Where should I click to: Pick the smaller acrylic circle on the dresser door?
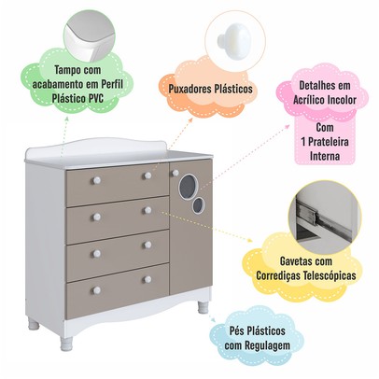click(197, 205)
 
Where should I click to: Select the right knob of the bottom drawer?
click(147, 279)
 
